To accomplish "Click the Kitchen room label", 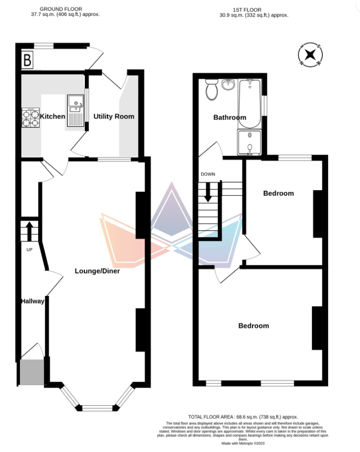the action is [x=52, y=116].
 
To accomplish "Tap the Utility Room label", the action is [x=114, y=116].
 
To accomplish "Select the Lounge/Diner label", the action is [x=97, y=271].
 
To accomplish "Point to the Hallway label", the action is [x=33, y=301].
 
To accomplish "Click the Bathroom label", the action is [x=230, y=117].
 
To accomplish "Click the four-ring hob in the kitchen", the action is [x=30, y=117].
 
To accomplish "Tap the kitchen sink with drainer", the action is [x=76, y=111].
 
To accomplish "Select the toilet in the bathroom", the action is [x=212, y=90].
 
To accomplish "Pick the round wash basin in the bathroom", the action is [x=228, y=85].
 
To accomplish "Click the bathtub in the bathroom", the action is [x=250, y=104].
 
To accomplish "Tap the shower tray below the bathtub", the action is [x=249, y=142].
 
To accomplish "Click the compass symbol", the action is [x=310, y=55].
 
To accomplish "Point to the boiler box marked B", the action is [x=28, y=60].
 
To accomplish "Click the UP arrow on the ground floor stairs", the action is [x=29, y=231].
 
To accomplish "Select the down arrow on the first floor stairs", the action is [x=208, y=192].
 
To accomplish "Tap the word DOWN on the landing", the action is [x=208, y=174].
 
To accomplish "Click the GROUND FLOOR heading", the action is [x=61, y=9].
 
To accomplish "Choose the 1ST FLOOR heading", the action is [x=247, y=10].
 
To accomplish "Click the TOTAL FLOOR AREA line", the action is [x=243, y=417].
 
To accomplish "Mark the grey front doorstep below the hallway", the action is [x=32, y=372].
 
